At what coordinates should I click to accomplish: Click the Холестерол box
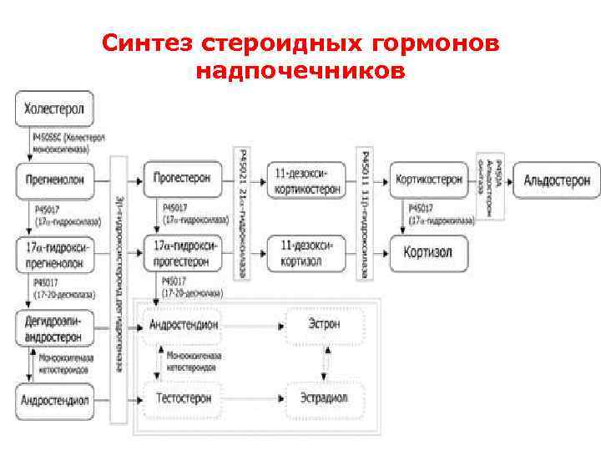click(54, 109)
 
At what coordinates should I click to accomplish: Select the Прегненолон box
click(55, 179)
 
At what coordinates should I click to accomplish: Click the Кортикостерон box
click(429, 179)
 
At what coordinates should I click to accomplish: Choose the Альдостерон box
click(556, 179)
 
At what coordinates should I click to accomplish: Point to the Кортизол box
click(429, 251)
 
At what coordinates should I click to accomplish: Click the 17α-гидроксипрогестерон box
click(183, 251)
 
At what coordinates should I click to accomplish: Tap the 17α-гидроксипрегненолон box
click(55, 251)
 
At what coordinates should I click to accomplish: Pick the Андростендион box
click(183, 323)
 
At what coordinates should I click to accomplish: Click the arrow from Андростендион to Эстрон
click(254, 323)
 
